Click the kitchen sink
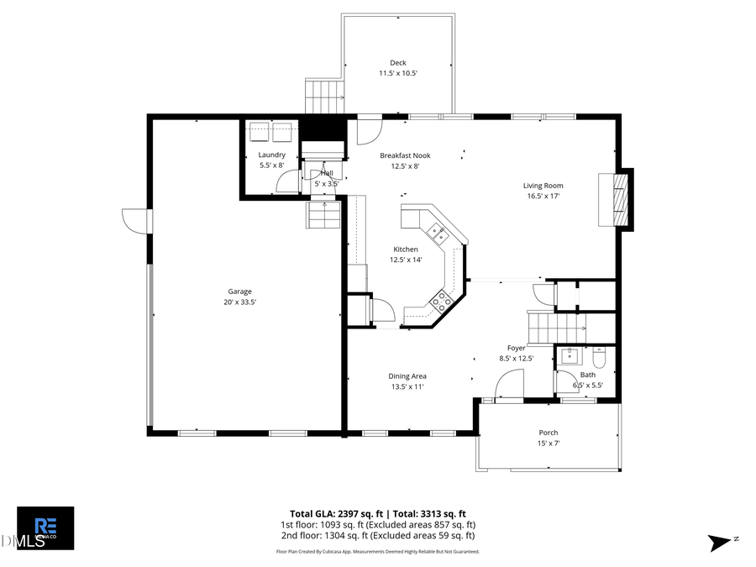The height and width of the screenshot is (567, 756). click(x=438, y=234)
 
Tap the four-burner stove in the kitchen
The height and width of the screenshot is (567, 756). click(x=441, y=299)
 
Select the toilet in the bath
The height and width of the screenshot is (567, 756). click(x=598, y=354)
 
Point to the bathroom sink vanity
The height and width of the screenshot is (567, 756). click(x=569, y=355)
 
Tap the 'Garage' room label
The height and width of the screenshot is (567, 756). click(x=239, y=291)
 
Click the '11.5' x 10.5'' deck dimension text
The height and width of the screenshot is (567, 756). click(x=398, y=74)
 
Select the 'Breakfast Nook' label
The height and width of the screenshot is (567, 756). click(x=405, y=155)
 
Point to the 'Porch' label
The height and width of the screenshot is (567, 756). click(x=548, y=433)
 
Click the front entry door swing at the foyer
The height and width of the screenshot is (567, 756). click(x=507, y=386)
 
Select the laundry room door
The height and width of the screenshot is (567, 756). click(x=289, y=182)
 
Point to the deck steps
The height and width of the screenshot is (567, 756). click(x=324, y=97)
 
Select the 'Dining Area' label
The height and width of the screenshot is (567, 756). click(x=407, y=376)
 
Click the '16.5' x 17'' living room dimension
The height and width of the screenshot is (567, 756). click(x=543, y=197)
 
